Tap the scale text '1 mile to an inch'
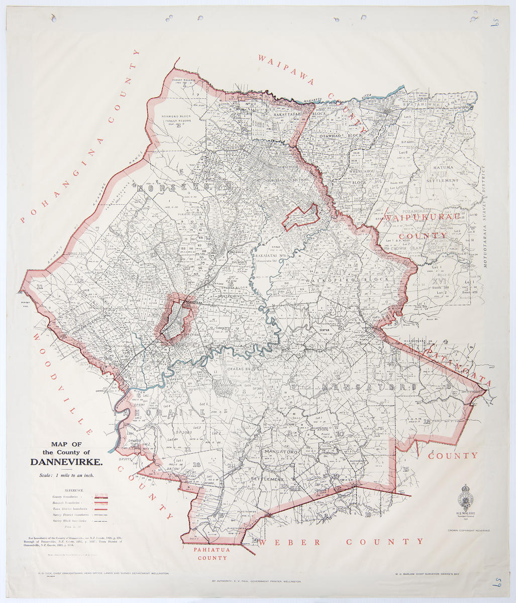66,475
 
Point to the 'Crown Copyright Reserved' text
469,530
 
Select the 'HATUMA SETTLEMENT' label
443,173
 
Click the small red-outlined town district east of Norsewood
300,217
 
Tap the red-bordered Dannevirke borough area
175,322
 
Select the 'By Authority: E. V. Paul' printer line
257,581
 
